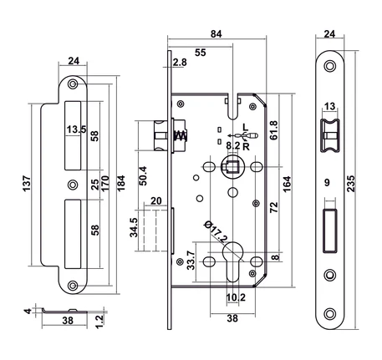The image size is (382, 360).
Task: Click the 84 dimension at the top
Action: point(216,33)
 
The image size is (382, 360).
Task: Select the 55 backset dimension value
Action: point(201,53)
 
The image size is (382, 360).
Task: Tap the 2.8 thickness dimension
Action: point(180,63)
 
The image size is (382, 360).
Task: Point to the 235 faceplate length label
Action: point(351,184)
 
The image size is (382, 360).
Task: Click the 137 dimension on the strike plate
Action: point(27,183)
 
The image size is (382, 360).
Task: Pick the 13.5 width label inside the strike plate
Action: point(77,129)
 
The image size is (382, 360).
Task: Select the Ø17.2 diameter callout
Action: point(216,231)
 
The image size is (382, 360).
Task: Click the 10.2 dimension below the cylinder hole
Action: point(236,297)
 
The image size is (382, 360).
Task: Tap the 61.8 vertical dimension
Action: point(274,130)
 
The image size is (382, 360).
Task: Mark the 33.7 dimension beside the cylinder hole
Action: point(191,261)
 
